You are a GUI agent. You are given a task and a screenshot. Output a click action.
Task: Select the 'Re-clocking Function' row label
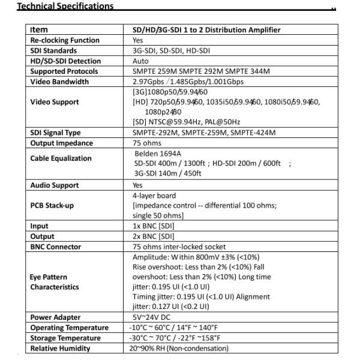coord(64,40)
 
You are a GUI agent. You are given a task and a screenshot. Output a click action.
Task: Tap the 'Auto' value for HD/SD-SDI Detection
coord(140,61)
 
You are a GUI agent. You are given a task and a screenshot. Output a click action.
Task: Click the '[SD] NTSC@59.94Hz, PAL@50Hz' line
coord(187,122)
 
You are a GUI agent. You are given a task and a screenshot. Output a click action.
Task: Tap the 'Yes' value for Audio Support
coord(137,185)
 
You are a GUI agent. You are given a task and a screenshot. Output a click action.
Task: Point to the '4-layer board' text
coord(154,196)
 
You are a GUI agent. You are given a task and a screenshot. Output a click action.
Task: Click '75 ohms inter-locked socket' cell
coord(179,247)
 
